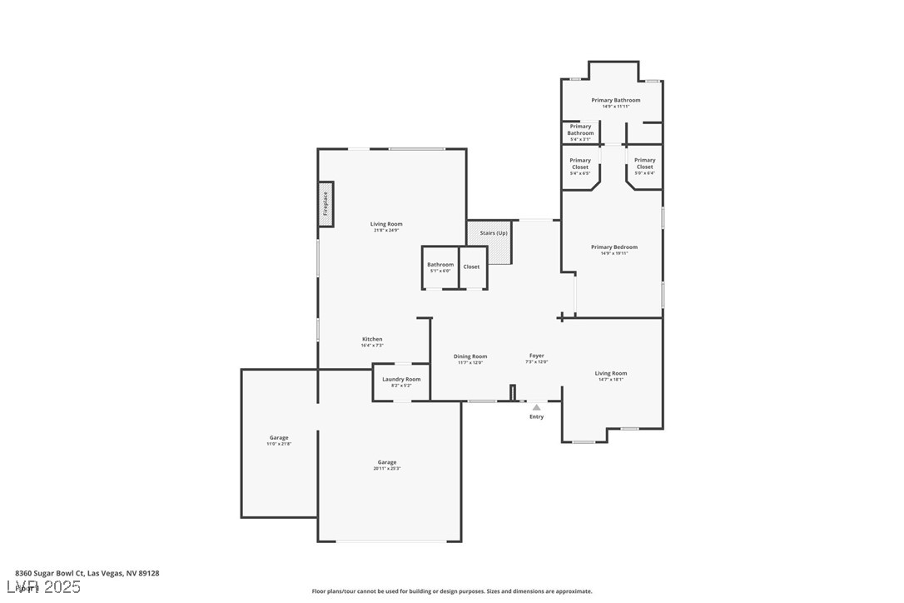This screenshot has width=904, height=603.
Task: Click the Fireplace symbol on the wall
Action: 325,203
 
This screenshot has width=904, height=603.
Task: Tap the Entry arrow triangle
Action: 537,407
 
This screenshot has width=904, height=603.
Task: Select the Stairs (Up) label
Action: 494,233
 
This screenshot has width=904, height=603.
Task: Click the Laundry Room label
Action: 401,379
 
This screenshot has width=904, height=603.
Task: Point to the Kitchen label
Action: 372,339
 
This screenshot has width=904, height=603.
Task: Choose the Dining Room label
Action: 470,356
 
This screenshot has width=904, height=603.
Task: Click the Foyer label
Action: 537,356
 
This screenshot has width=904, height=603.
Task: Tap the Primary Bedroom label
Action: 614,247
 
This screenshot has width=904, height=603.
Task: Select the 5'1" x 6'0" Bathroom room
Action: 440,267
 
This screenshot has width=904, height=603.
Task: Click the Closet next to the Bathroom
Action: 471,267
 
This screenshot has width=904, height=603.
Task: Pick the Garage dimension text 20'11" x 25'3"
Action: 387,469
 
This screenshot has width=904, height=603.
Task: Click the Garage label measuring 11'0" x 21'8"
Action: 279,437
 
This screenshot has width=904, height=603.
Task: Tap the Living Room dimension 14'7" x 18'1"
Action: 611,380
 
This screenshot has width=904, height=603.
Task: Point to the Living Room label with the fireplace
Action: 386,224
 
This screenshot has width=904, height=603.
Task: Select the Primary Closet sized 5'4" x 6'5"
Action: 580,167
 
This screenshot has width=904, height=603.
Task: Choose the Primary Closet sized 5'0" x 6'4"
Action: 644,167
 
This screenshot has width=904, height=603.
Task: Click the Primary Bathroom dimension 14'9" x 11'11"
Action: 616,107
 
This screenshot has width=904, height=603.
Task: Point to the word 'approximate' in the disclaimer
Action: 574,591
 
